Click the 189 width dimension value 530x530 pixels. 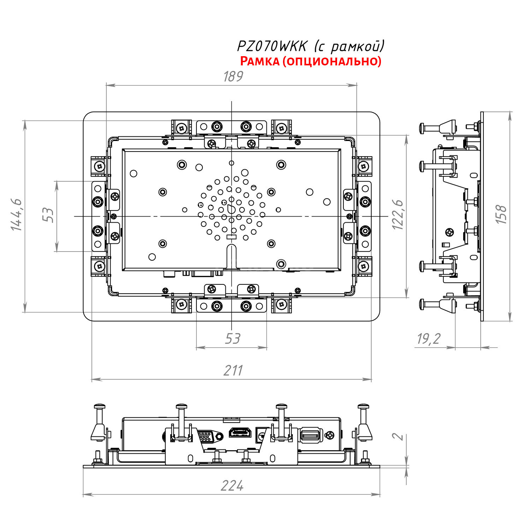(x=233, y=76)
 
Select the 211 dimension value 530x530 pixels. (x=233, y=370)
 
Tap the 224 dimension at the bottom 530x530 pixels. (x=232, y=486)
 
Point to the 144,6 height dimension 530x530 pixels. (x=17, y=215)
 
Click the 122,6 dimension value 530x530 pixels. (x=398, y=214)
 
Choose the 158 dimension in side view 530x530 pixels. (x=501, y=214)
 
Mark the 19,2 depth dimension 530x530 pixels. (x=429, y=338)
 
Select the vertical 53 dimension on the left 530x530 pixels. (x=48, y=215)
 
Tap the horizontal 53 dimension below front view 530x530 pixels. (x=232, y=338)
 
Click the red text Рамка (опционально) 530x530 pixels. (x=311, y=61)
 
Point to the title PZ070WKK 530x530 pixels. (x=272, y=46)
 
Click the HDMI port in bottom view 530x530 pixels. (x=240, y=432)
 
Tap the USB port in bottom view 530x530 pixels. (x=310, y=435)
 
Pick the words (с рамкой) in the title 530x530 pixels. (x=349, y=46)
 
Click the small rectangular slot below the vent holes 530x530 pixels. (x=231, y=236)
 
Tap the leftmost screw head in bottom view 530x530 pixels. (x=100, y=407)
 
